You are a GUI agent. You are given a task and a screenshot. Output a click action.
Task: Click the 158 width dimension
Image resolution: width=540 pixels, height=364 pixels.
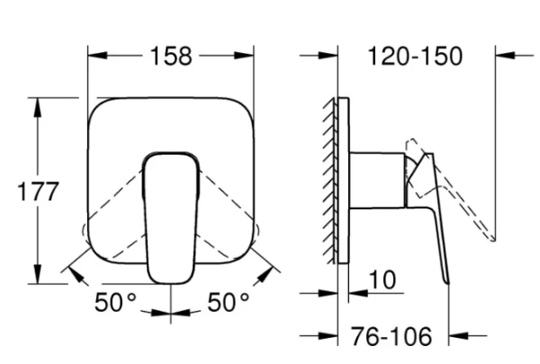[x=171, y=56]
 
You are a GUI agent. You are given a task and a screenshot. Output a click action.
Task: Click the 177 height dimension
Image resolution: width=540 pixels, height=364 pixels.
[x=38, y=191]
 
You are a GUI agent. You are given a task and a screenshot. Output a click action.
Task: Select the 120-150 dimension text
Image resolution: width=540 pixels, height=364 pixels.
[x=415, y=56]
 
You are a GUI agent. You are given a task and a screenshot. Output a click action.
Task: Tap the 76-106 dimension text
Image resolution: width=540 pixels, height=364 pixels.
[x=391, y=336]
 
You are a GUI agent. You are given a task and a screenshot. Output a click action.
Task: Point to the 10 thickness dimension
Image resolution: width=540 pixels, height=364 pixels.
[x=382, y=280]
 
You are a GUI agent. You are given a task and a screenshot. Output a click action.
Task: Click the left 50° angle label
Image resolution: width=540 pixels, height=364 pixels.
[x=115, y=302]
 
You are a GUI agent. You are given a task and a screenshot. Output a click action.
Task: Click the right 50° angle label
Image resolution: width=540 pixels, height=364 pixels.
[x=228, y=302]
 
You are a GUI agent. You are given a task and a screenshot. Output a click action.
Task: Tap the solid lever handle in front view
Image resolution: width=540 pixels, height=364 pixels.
[x=171, y=218]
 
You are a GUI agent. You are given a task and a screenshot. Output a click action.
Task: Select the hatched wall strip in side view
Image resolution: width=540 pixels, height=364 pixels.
[x=329, y=181]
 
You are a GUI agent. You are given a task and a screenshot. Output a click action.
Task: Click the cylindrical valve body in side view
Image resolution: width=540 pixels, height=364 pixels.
[x=377, y=181]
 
